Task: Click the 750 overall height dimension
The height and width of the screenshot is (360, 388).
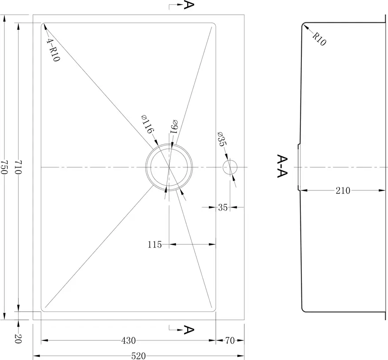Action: point(4,166)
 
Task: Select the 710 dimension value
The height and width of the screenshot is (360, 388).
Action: point(18,167)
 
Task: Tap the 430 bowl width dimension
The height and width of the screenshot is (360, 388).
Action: point(128,341)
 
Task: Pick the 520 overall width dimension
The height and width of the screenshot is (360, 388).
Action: point(139,356)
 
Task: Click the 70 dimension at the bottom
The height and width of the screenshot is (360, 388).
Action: point(230,341)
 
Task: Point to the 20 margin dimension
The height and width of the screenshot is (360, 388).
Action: point(18,339)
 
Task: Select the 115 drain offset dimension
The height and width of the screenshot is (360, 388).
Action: point(155,245)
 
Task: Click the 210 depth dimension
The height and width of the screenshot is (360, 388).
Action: point(343,190)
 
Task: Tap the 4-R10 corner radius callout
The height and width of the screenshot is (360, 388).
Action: point(53,50)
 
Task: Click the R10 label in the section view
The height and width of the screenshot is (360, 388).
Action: point(320,39)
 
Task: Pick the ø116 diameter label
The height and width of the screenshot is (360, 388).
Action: point(148,124)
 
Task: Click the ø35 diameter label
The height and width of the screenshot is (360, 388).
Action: point(222,139)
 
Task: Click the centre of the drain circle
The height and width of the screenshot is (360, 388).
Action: point(169,167)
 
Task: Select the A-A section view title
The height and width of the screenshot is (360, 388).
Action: point(282,166)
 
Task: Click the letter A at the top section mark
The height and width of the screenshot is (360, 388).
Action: point(188,5)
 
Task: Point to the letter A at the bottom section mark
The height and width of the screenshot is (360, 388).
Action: point(189,330)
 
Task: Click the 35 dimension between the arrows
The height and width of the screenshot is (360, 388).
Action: point(223,207)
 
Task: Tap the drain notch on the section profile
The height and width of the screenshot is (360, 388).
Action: point(299,167)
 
